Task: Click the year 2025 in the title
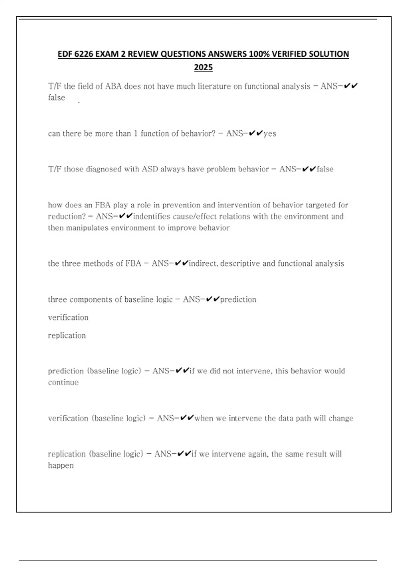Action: tap(203, 68)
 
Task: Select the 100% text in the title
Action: tap(258, 54)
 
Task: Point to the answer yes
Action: tap(270, 134)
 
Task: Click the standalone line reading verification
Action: tap(68, 317)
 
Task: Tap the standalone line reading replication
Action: tap(67, 336)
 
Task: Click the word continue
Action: tap(63, 382)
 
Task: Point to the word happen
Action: tap(61, 466)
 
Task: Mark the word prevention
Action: tap(181, 205)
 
